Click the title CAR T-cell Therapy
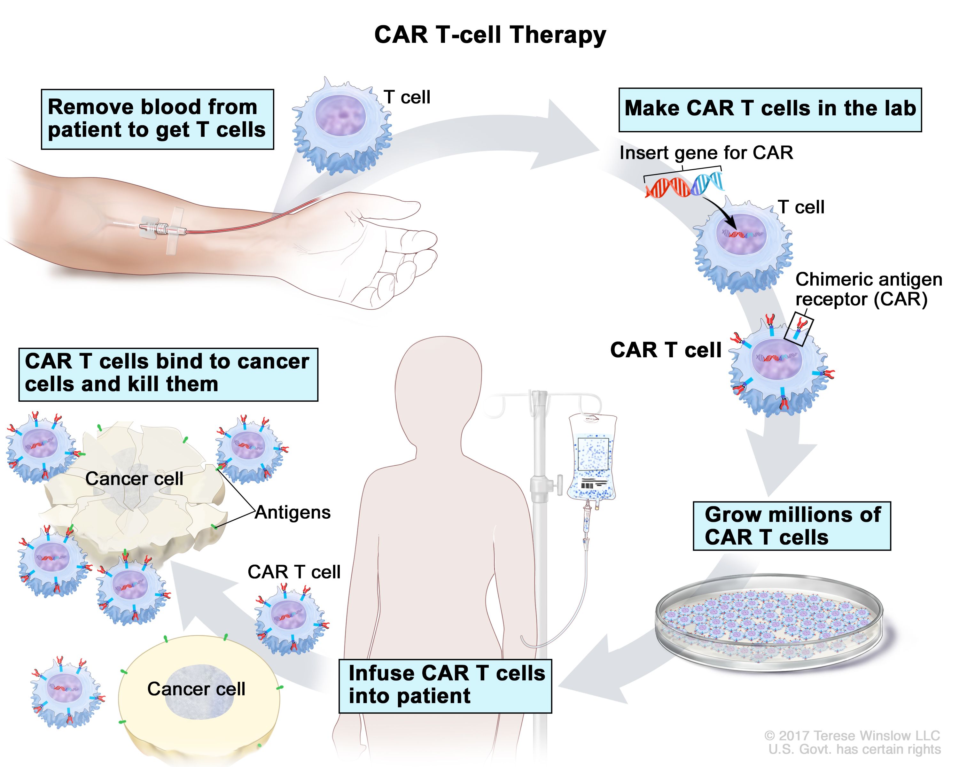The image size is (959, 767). click(x=490, y=35)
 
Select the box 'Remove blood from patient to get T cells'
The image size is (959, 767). click(x=157, y=119)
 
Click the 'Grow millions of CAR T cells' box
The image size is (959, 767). click(x=792, y=526)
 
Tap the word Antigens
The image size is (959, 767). click(x=293, y=513)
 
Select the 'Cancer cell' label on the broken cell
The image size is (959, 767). click(x=134, y=479)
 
